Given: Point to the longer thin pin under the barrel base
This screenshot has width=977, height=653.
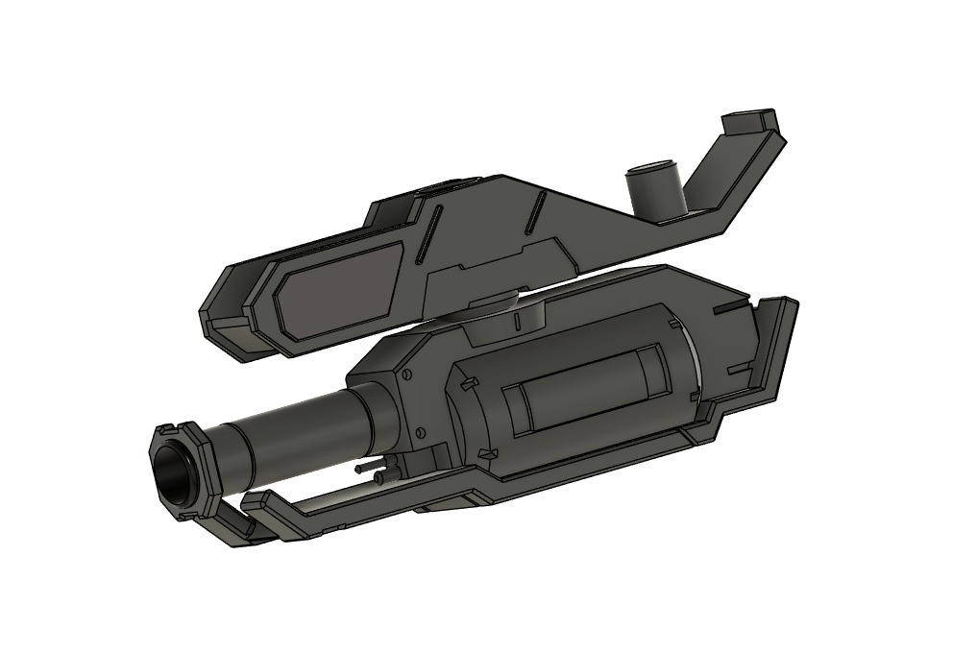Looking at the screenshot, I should (x=369, y=468).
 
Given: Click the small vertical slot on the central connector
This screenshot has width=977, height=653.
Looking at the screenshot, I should (x=516, y=319).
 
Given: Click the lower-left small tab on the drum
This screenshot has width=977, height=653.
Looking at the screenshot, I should (x=487, y=451).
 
